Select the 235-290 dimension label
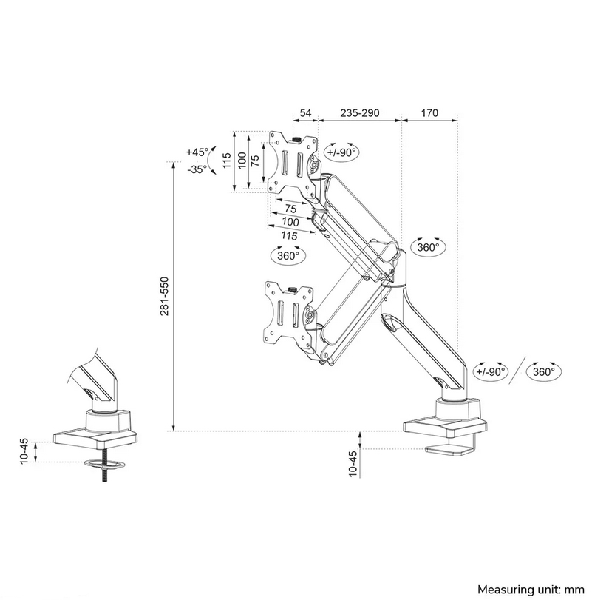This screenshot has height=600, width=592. coord(359,113)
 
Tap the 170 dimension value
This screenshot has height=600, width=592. coord(429,113)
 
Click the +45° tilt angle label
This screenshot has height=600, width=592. coord(197,152)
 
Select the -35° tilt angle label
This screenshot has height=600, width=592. coord(197,169)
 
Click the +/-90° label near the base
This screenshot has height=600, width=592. coord(491,371)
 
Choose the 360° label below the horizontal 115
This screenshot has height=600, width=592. coord(288,255)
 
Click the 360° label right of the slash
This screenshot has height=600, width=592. coord(543,371)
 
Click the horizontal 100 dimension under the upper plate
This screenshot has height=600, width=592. coord(290,222)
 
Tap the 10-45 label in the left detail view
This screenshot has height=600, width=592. coord(24,451)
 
